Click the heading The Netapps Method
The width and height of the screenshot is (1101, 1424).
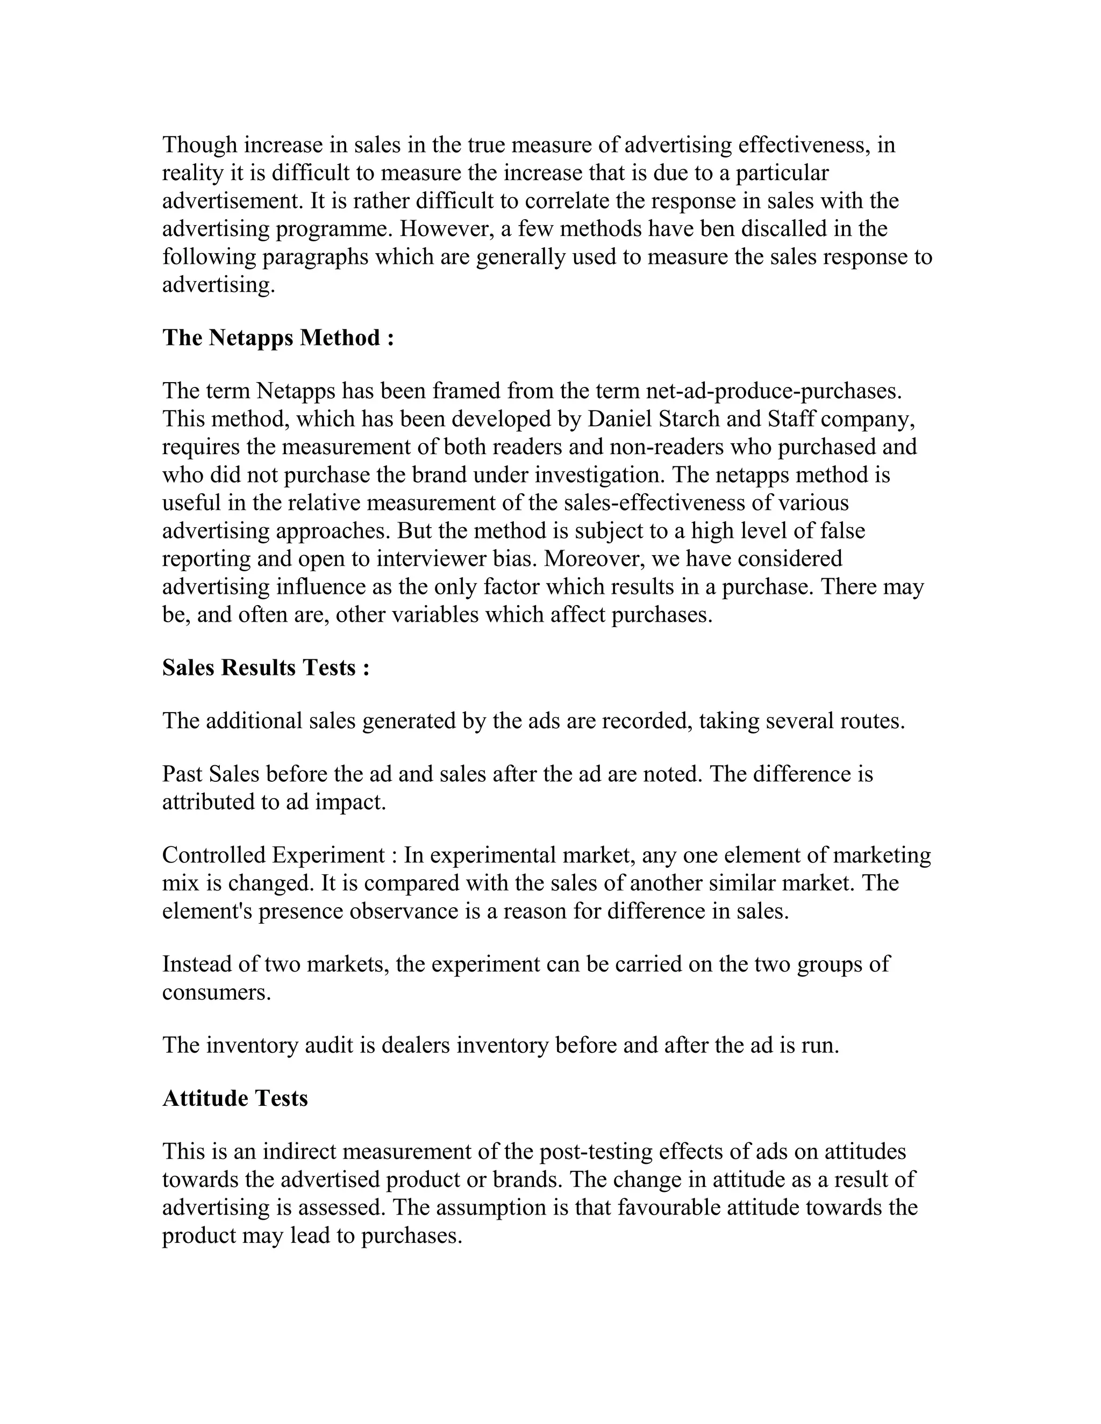click(278, 338)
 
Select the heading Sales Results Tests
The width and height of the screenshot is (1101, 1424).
click(266, 667)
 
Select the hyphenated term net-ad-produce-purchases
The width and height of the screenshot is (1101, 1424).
click(774, 391)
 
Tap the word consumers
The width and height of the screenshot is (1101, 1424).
click(216, 993)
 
